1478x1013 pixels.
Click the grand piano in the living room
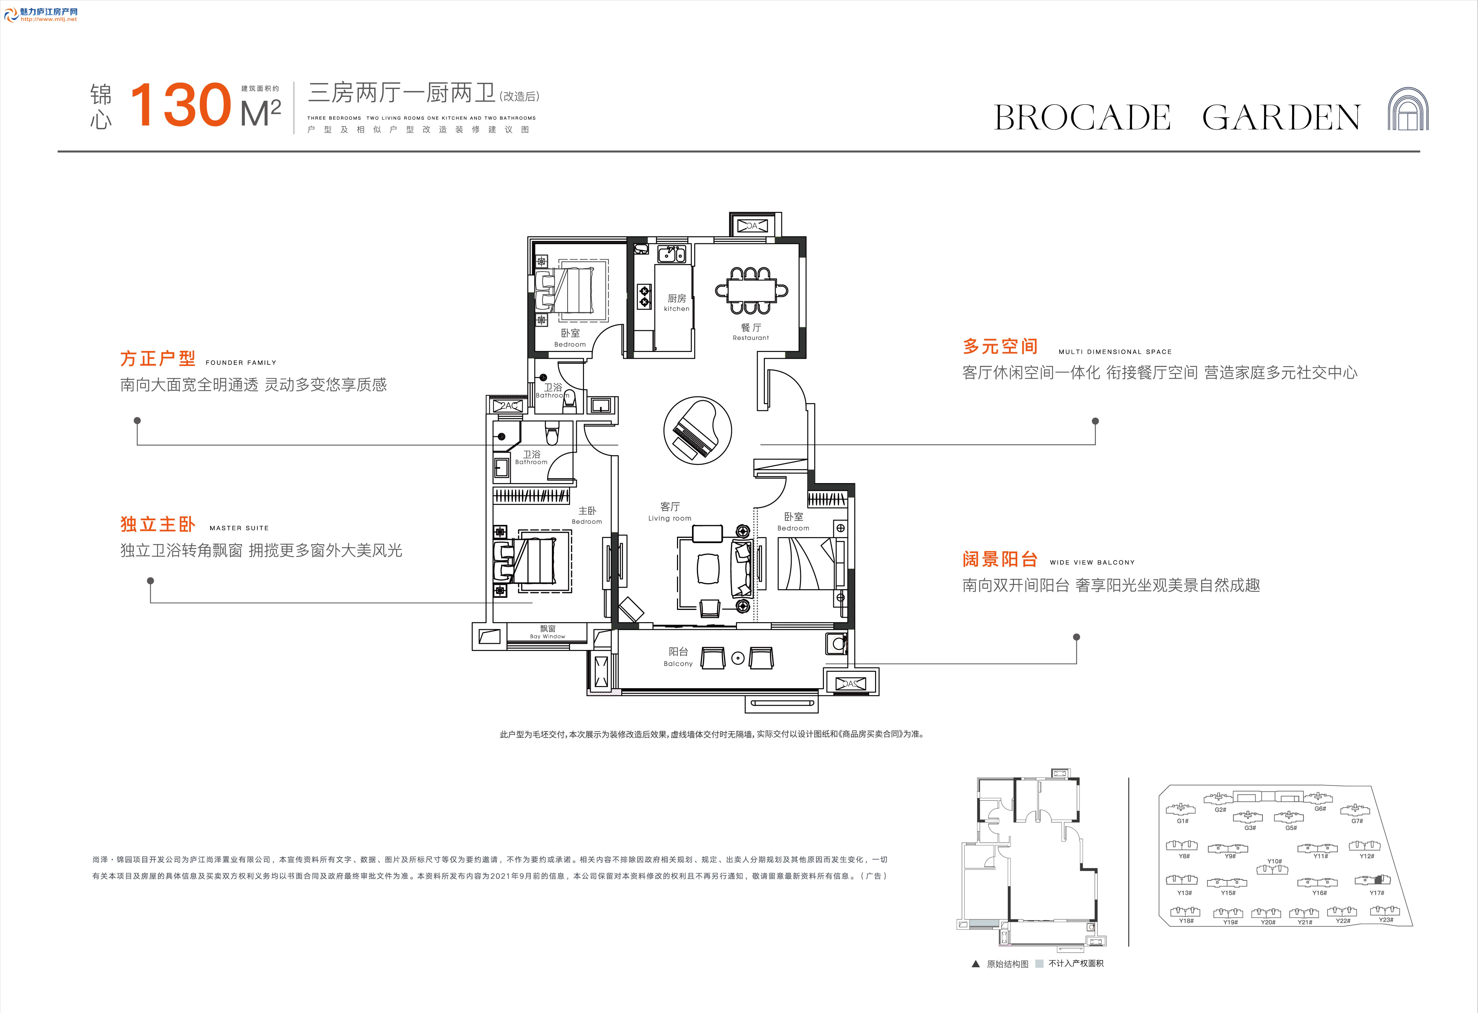click(698, 430)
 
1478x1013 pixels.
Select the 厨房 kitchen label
click(677, 303)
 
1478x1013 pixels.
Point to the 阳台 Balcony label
click(678, 657)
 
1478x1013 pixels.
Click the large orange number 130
click(181, 105)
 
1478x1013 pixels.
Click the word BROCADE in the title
click(1082, 118)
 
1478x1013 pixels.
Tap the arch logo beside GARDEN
click(1408, 109)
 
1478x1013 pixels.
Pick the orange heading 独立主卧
click(158, 524)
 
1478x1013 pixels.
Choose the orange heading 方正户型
click(158, 359)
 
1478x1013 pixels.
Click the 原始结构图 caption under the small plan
click(1007, 964)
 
